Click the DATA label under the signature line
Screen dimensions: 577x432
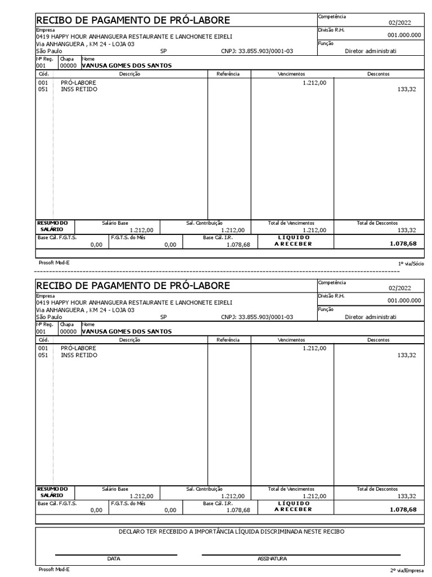[114, 559]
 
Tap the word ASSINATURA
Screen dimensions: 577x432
[272, 559]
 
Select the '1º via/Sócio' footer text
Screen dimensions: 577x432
[411, 263]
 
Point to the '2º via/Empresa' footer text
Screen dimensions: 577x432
[409, 570]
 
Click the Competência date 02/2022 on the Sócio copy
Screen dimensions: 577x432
[399, 23]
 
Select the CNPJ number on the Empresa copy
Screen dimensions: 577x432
[257, 317]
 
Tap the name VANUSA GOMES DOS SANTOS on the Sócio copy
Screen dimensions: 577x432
[127, 65]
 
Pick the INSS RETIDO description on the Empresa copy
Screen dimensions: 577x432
[79, 356]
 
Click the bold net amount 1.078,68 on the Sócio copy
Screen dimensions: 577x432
[403, 243]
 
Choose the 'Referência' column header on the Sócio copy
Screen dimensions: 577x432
[228, 74]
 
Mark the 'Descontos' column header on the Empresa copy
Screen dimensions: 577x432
[379, 340]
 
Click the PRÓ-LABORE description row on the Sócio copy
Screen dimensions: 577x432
[78, 82]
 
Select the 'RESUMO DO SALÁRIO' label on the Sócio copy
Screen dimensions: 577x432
[52, 226]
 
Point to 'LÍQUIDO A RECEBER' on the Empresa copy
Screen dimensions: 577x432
[293, 506]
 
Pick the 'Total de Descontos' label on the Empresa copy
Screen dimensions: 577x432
[377, 489]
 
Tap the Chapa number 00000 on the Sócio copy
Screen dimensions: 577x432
[68, 65]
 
